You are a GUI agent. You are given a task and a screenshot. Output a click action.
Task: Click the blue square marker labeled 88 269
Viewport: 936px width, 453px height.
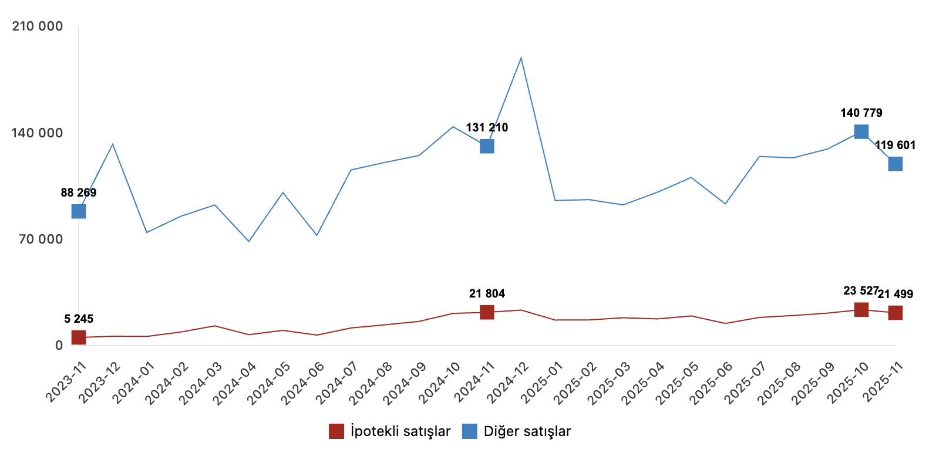point(79,211)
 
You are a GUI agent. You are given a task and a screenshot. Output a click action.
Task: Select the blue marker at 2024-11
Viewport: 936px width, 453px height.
point(487,146)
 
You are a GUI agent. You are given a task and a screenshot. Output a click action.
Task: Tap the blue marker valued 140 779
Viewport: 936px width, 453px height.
point(861,131)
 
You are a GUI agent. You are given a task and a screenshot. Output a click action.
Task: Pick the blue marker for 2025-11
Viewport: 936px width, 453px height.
point(895,164)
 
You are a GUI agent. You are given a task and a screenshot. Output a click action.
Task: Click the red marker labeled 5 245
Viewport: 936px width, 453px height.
point(79,337)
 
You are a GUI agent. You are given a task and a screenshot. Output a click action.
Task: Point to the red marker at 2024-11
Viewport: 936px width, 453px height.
point(487,312)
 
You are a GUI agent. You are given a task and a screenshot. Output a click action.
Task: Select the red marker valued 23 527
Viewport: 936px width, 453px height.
point(861,310)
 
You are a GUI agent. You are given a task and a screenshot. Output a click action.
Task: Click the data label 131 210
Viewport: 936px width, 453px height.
point(487,127)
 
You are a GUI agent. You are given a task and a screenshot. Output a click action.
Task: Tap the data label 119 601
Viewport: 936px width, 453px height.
point(895,145)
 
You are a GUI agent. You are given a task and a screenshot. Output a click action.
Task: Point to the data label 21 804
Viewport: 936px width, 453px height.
point(487,293)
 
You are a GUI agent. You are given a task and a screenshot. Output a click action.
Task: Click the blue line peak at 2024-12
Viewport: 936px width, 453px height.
point(521,58)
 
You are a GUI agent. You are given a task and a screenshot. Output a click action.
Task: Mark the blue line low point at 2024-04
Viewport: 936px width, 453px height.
point(249,241)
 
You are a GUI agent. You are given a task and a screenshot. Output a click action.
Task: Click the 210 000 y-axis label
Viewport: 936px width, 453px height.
point(38,26)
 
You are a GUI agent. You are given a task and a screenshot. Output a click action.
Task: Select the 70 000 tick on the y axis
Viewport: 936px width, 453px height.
point(41,239)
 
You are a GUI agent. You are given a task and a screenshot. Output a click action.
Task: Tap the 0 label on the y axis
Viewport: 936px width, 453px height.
point(59,346)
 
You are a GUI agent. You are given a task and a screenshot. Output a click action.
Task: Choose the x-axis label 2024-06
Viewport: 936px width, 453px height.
point(302,383)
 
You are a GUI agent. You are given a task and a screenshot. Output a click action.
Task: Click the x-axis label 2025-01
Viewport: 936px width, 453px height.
point(541,383)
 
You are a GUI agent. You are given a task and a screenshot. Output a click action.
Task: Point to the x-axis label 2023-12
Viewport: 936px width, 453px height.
point(99,383)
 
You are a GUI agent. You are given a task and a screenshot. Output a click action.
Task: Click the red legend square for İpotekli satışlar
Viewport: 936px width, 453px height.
point(336,431)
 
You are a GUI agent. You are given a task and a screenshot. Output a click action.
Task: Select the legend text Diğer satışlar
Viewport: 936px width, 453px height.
point(527,431)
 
